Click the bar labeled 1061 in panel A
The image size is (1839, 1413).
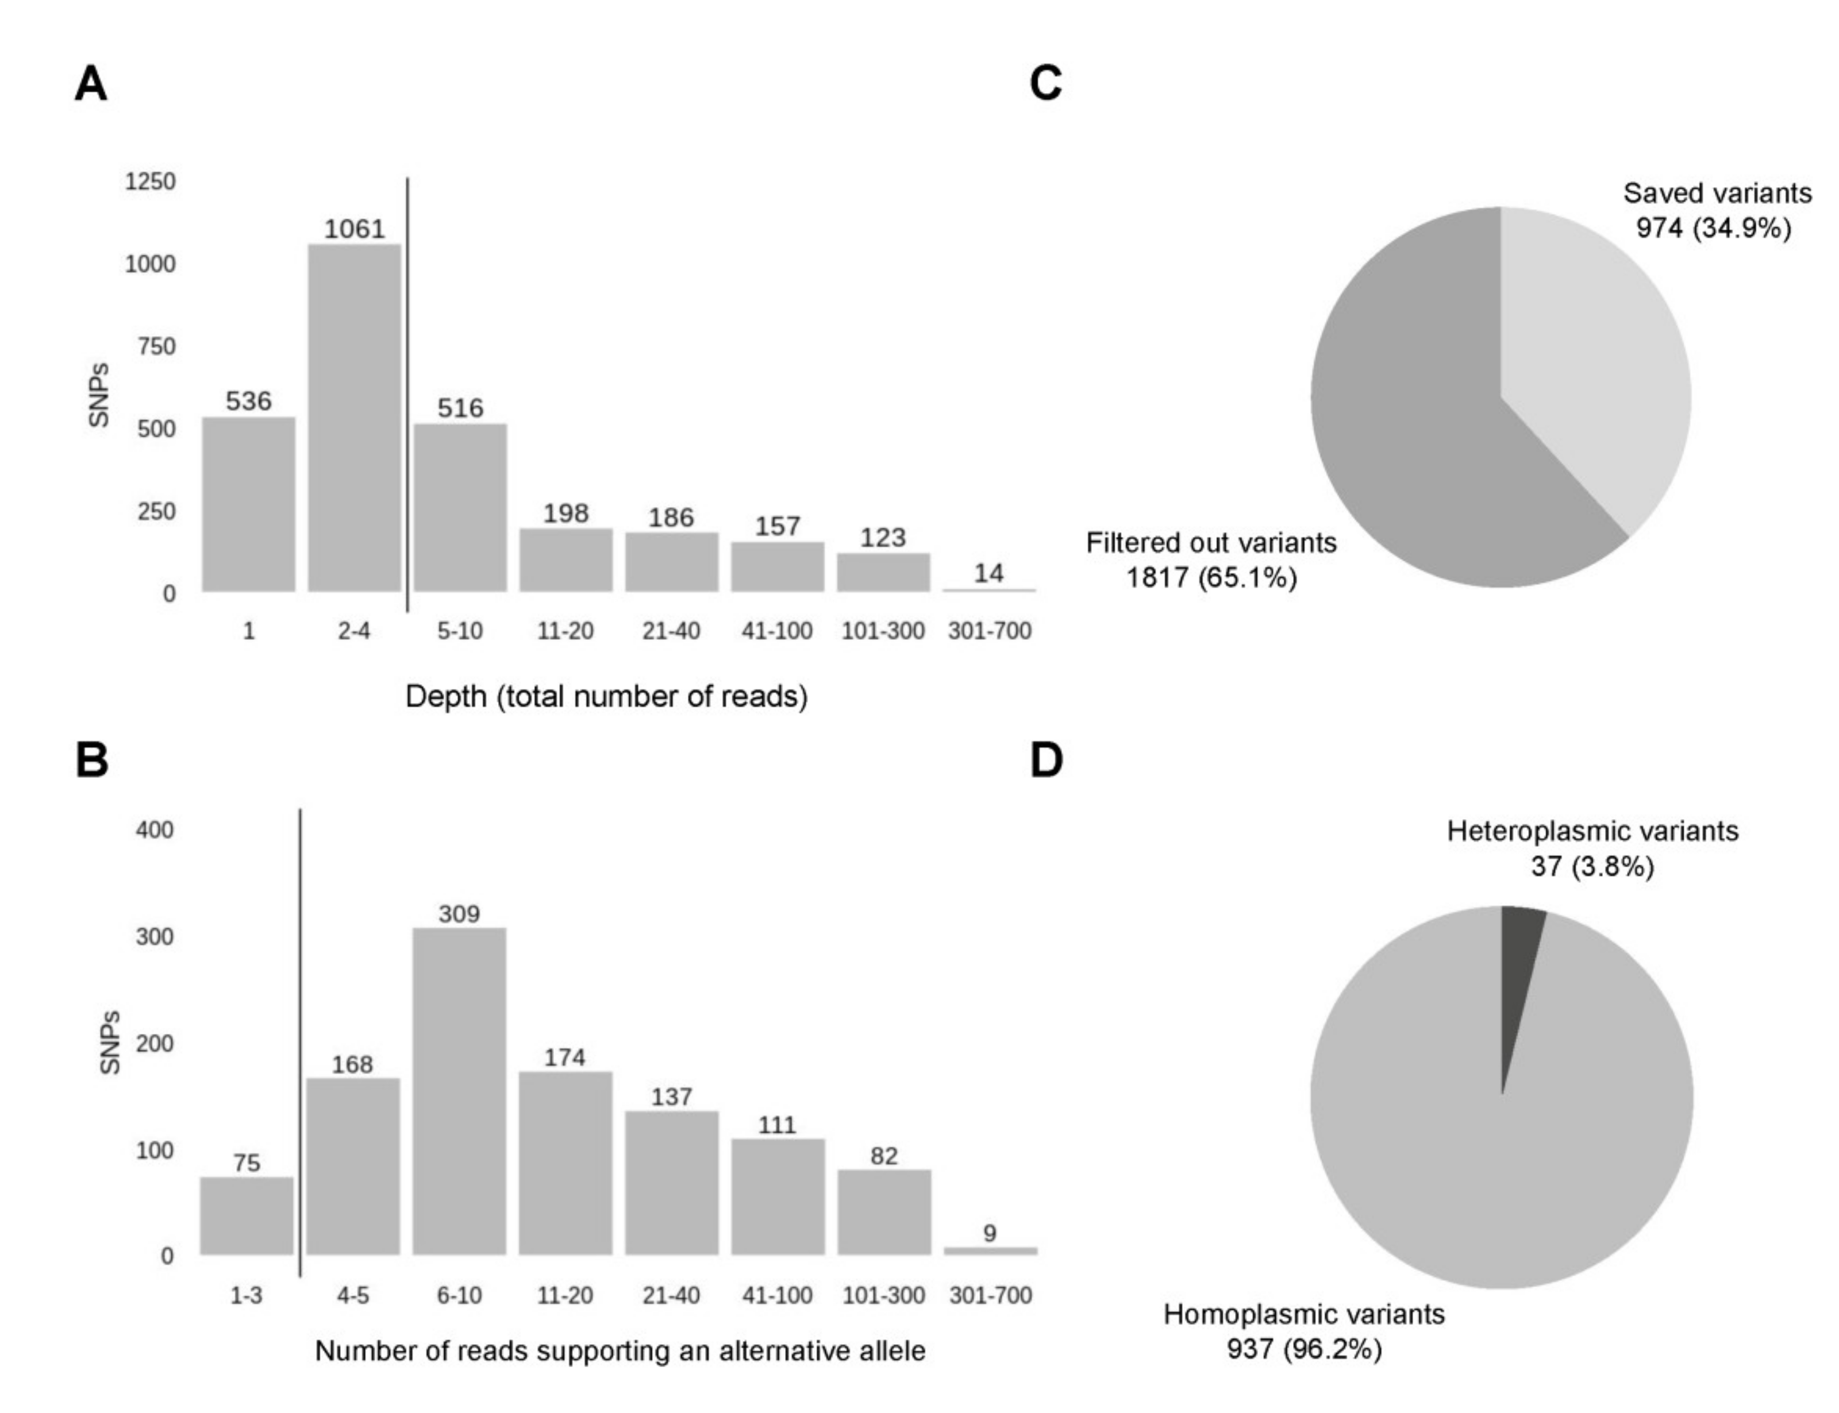click(354, 418)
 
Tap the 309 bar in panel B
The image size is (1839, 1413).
click(459, 1092)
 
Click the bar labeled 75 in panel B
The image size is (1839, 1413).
click(247, 1215)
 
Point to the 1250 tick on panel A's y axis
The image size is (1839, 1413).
click(150, 182)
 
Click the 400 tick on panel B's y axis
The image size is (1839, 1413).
click(154, 830)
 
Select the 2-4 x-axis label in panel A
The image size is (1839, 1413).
click(354, 631)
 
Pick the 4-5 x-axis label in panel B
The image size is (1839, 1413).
click(352, 1295)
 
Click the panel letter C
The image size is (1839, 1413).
click(1046, 84)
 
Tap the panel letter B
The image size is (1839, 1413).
click(92, 760)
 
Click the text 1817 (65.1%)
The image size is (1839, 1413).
click(1211, 578)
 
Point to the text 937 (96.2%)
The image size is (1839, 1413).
click(1304, 1349)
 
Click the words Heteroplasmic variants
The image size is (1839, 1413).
click(1592, 831)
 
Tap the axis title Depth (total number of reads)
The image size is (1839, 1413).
click(606, 696)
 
